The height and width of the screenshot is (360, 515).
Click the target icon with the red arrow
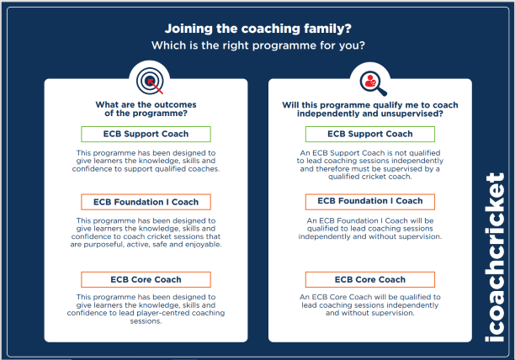point(150,81)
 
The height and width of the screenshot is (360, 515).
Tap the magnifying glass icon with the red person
point(373,83)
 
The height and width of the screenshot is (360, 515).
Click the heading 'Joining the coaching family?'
point(257,29)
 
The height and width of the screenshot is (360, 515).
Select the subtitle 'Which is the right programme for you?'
point(257,45)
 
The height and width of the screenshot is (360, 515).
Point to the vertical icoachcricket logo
point(495,257)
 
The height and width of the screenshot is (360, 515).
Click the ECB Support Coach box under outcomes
point(146,134)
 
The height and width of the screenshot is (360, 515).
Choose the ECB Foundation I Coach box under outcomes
point(146,202)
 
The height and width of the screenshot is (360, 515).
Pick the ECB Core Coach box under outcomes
point(146,279)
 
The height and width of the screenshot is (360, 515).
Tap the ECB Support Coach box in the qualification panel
point(370,134)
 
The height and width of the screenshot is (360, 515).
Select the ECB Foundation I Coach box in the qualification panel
point(370,202)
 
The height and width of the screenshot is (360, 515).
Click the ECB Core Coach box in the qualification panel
point(370,279)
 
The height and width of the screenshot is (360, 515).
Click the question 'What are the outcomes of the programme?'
point(146,109)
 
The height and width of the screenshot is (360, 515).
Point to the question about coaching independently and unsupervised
point(370,109)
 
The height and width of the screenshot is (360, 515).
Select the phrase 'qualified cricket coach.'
point(370,177)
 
